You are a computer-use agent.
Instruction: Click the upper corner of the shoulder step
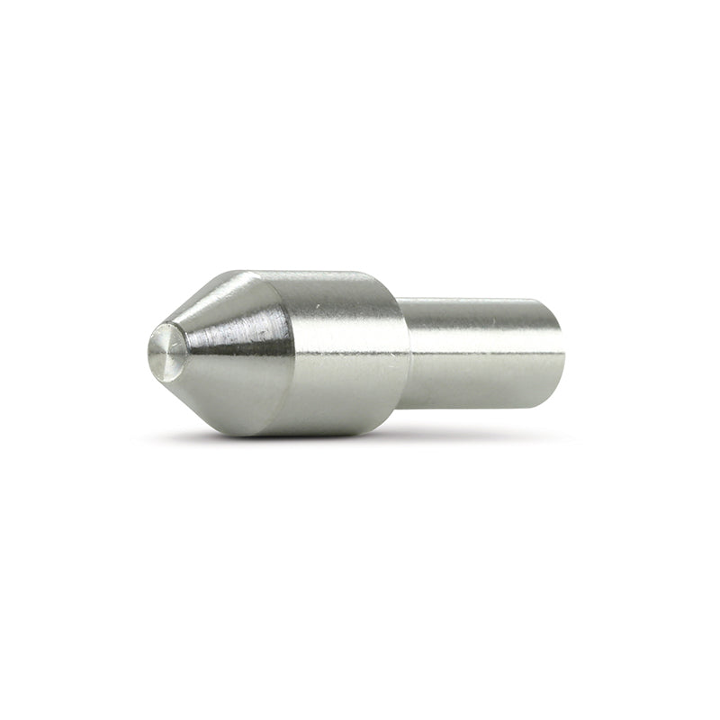coord(401,301)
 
